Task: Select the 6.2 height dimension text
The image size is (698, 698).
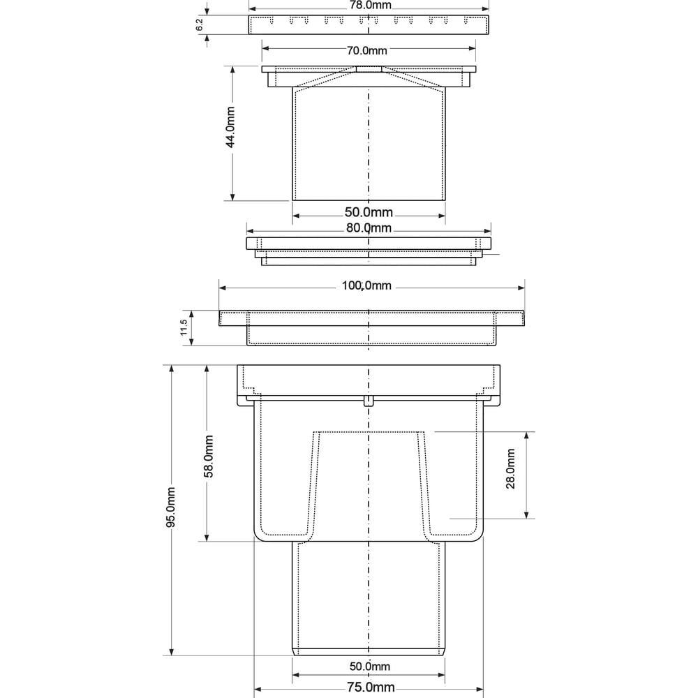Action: tap(200, 24)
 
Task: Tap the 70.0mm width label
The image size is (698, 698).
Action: tap(367, 50)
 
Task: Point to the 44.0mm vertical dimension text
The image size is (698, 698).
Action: tap(230, 127)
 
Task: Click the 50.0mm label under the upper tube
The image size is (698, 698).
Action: tap(369, 212)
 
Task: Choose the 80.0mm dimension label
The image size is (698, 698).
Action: tap(369, 228)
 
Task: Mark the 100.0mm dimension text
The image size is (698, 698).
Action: tap(366, 285)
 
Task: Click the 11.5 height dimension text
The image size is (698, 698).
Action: tap(184, 327)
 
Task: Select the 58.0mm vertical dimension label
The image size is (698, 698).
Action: tap(208, 456)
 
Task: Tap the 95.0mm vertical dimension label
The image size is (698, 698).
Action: tap(170, 507)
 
